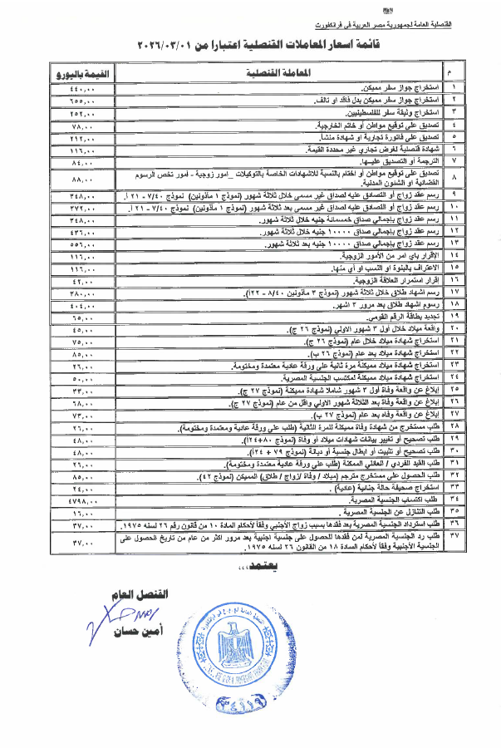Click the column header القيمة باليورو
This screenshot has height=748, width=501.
(79, 72)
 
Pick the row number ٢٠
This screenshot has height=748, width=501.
(454, 328)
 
